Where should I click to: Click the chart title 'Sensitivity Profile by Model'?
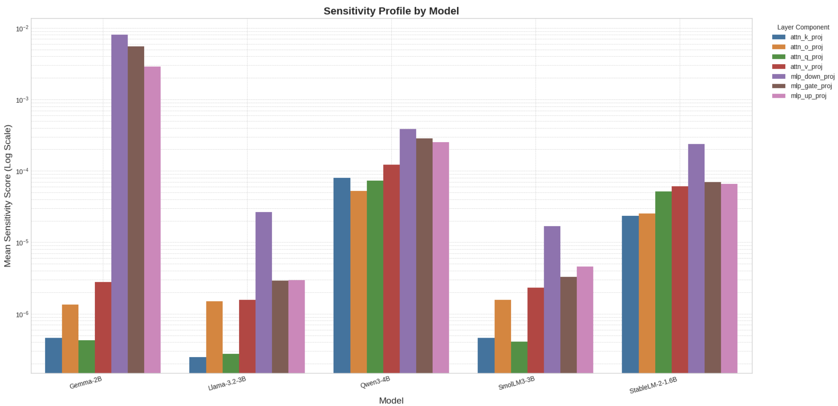point(391,11)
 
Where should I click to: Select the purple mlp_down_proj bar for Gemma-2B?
point(119,203)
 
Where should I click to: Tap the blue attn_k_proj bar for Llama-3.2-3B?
point(198,365)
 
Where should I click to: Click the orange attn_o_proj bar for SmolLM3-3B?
point(502,336)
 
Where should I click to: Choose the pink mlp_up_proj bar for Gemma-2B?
point(152,220)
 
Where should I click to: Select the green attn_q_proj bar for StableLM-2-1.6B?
point(663,282)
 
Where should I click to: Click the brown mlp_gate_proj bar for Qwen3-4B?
point(424,255)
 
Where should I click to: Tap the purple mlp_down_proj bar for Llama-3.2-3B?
point(264,292)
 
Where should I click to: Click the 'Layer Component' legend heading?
point(803,27)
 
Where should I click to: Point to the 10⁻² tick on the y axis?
point(22,29)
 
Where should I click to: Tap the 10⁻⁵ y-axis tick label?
point(22,243)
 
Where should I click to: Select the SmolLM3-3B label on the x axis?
point(516,384)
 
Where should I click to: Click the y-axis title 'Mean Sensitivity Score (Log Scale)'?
point(8,196)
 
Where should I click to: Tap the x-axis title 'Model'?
point(391,400)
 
